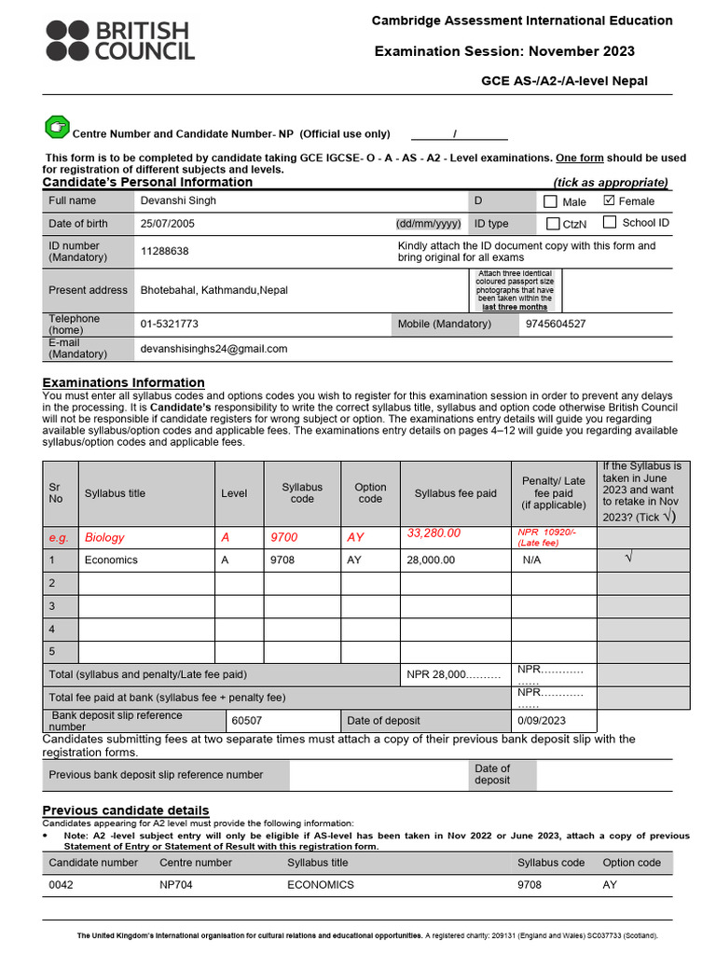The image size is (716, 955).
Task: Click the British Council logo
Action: [118, 40]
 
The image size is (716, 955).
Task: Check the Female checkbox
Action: [610, 201]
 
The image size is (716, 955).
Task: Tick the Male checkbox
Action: [550, 201]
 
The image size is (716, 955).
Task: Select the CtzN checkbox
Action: [553, 224]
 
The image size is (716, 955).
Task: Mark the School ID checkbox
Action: [610, 222]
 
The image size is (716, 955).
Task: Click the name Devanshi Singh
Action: [178, 201]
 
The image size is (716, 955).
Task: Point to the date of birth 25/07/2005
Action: [168, 224]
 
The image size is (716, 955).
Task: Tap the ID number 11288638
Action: [164, 251]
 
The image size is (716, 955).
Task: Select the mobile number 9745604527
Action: [556, 324]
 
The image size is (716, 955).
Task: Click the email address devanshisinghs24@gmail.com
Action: [213, 349]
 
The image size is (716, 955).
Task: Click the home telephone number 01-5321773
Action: [169, 324]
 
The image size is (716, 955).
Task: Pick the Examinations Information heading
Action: [123, 382]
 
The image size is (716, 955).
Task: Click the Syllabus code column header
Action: [302, 493]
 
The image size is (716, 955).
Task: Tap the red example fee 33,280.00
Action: [434, 533]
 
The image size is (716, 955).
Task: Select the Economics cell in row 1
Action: [111, 560]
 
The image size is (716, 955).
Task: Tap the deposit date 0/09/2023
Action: [543, 720]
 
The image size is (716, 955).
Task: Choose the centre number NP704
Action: [176, 884]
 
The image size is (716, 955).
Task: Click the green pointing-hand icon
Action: [57, 127]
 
